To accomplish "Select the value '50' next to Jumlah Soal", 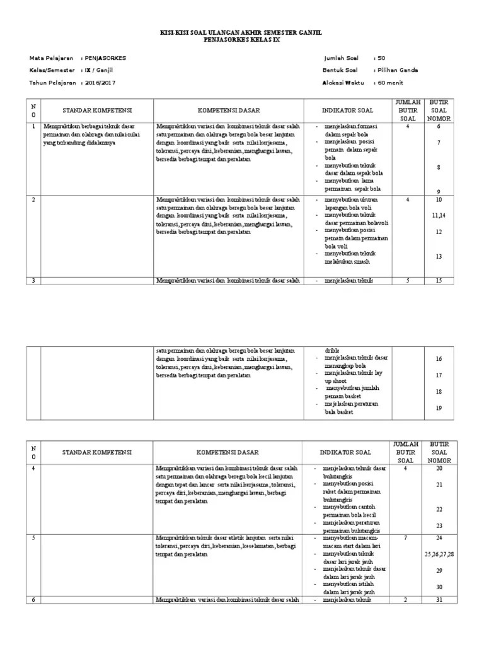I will (x=381, y=58).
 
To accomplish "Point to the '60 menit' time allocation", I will (x=390, y=83).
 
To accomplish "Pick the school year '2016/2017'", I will (x=100, y=83).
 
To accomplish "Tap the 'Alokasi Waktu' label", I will (x=343, y=83).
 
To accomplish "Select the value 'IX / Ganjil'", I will (x=99, y=70).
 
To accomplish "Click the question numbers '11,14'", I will (x=439, y=216).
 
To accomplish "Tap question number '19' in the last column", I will (x=439, y=408).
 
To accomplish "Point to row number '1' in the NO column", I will (x=33, y=126).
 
